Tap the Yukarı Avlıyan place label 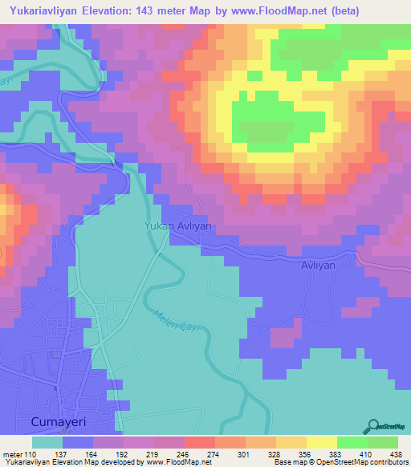point(178,226)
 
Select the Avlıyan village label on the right point(328,264)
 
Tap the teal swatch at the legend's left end point(47,442)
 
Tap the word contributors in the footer point(388,461)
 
